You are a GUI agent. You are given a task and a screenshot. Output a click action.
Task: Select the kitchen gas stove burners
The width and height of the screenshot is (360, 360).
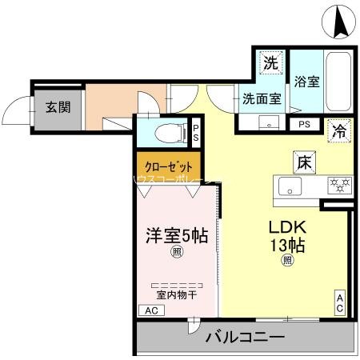click(x=339, y=186)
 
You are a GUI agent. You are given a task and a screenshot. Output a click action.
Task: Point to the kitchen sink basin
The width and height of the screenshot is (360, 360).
click(x=289, y=186)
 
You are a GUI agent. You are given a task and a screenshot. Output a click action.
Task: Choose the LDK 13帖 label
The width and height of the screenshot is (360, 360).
click(x=286, y=234)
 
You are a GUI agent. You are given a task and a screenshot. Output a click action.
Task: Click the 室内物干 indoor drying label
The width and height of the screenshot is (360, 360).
click(x=176, y=295)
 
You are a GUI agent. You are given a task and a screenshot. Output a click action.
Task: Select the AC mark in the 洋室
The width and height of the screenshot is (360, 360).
click(x=150, y=311)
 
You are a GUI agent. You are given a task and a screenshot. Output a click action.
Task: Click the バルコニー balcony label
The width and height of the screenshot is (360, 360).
click(x=246, y=338)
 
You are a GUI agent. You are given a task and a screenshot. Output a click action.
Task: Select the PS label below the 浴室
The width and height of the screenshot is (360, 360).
click(x=304, y=124)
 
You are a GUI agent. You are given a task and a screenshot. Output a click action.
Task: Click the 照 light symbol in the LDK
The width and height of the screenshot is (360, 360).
click(x=286, y=260)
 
